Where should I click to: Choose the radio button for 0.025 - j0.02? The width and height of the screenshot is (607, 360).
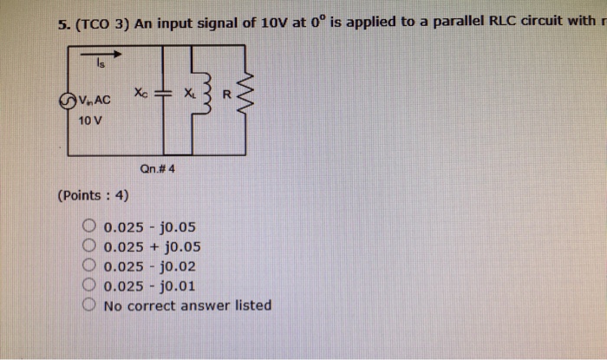point(90,267)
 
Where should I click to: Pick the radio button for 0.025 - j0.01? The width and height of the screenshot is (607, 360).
point(90,285)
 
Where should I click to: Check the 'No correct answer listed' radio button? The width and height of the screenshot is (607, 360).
point(90,304)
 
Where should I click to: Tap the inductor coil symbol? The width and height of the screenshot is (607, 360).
point(205,95)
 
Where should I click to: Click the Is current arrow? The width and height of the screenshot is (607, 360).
point(102,55)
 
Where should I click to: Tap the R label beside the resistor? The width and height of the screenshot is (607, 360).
point(226,94)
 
